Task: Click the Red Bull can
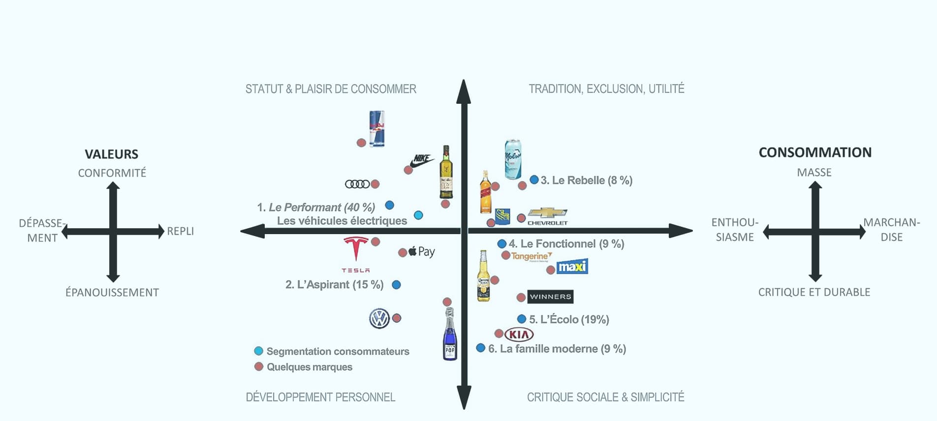[x=376, y=128]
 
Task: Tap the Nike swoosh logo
[x=422, y=160]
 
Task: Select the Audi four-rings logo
[x=357, y=184]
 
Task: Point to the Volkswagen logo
[x=379, y=319]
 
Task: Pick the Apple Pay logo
[x=422, y=252]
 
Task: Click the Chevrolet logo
[x=547, y=216]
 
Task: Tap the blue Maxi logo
[x=572, y=267]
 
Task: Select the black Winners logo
[x=550, y=297]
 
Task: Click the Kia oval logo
[x=519, y=335]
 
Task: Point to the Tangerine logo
[x=531, y=256]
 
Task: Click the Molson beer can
[x=513, y=159]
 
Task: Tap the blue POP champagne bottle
[x=450, y=334]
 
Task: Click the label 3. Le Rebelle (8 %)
[x=586, y=180]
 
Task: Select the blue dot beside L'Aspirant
[x=396, y=285]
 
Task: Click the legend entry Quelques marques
[x=309, y=367]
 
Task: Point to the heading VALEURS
[x=112, y=154]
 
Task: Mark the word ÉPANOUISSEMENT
[x=112, y=293]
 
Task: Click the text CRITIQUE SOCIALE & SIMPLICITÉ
[x=605, y=397]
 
